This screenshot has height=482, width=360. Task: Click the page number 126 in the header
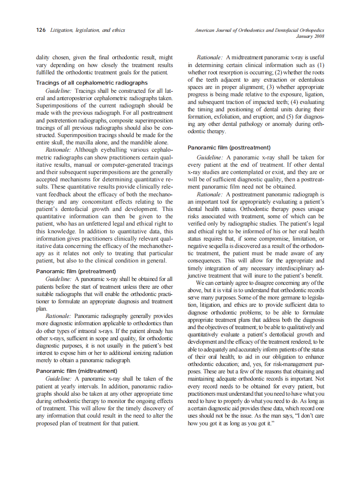coord(41,30)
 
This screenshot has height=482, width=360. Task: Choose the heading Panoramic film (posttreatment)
coord(229,147)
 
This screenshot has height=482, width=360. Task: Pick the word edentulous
coord(308,79)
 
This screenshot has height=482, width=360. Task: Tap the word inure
coord(262,275)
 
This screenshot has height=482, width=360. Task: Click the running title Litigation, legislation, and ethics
coord(88,30)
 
